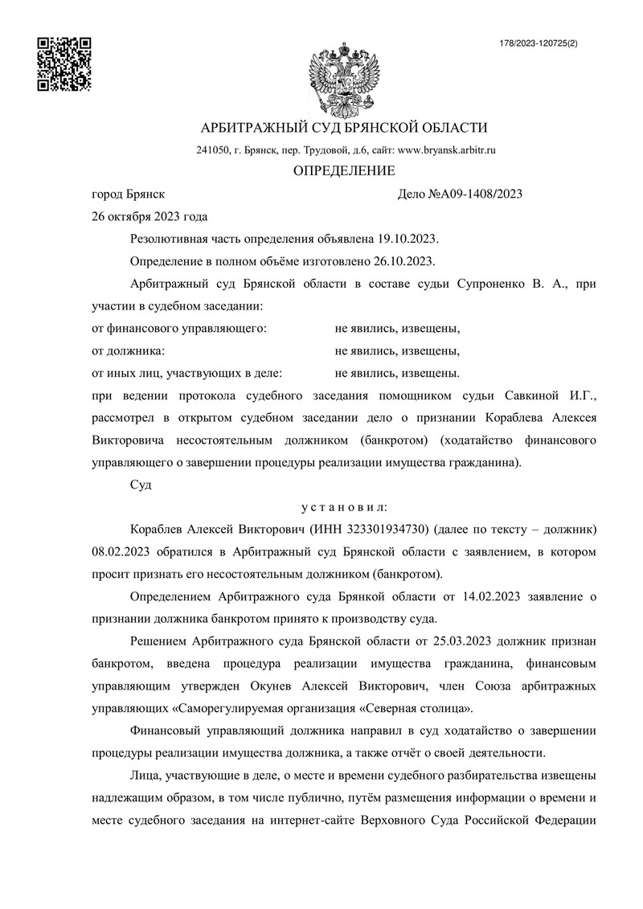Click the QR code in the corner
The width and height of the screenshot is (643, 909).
tap(65, 63)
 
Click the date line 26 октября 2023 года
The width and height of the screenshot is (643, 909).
tap(150, 216)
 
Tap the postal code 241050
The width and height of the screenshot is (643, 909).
tap(214, 150)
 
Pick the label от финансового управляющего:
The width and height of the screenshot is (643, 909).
tap(180, 329)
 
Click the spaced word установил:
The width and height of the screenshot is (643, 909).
tap(343, 508)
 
